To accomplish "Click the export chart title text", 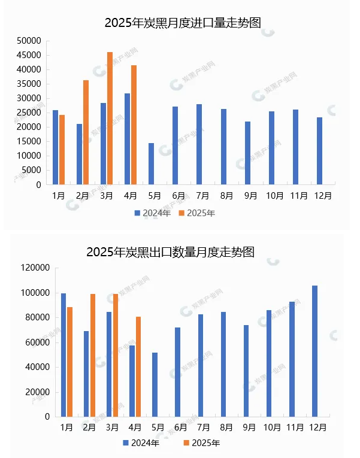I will click(170, 252).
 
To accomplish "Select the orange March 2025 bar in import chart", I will click(110, 119).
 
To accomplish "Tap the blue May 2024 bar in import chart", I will click(151, 164).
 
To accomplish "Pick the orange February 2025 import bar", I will click(86, 132).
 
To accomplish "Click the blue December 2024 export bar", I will click(315, 351).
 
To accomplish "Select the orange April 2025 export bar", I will click(138, 366).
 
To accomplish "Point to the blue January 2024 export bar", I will click(63, 355).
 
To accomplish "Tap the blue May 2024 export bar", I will click(155, 384).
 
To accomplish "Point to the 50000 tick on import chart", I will click(29, 41).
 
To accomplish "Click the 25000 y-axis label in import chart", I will click(29, 113).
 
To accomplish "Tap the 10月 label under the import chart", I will click(275, 195).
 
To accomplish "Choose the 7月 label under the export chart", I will click(204, 427).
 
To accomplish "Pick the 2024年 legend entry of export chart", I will click(141, 443).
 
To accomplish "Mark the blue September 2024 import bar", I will click(247, 153).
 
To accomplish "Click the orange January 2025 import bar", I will click(62, 150).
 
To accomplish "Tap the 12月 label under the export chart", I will click(317, 427).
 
